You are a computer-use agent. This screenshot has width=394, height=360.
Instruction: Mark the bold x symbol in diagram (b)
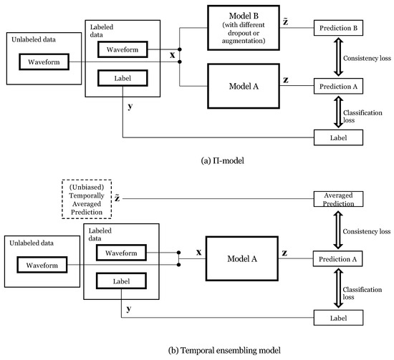190,252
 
